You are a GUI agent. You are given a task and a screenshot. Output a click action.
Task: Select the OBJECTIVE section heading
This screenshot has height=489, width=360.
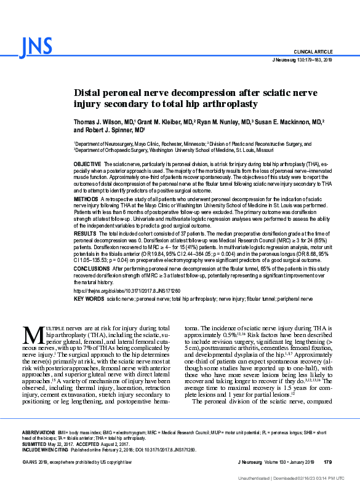[x=87, y=165]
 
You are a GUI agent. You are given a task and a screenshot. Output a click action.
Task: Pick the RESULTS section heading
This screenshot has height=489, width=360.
[x=85, y=234]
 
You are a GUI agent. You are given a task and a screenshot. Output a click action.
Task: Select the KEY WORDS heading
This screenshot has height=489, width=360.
[x=88, y=298]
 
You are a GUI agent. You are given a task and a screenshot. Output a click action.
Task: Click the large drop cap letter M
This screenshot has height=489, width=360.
[x=33, y=335]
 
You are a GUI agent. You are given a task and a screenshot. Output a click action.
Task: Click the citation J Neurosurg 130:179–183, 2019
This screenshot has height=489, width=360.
[x=301, y=60]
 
